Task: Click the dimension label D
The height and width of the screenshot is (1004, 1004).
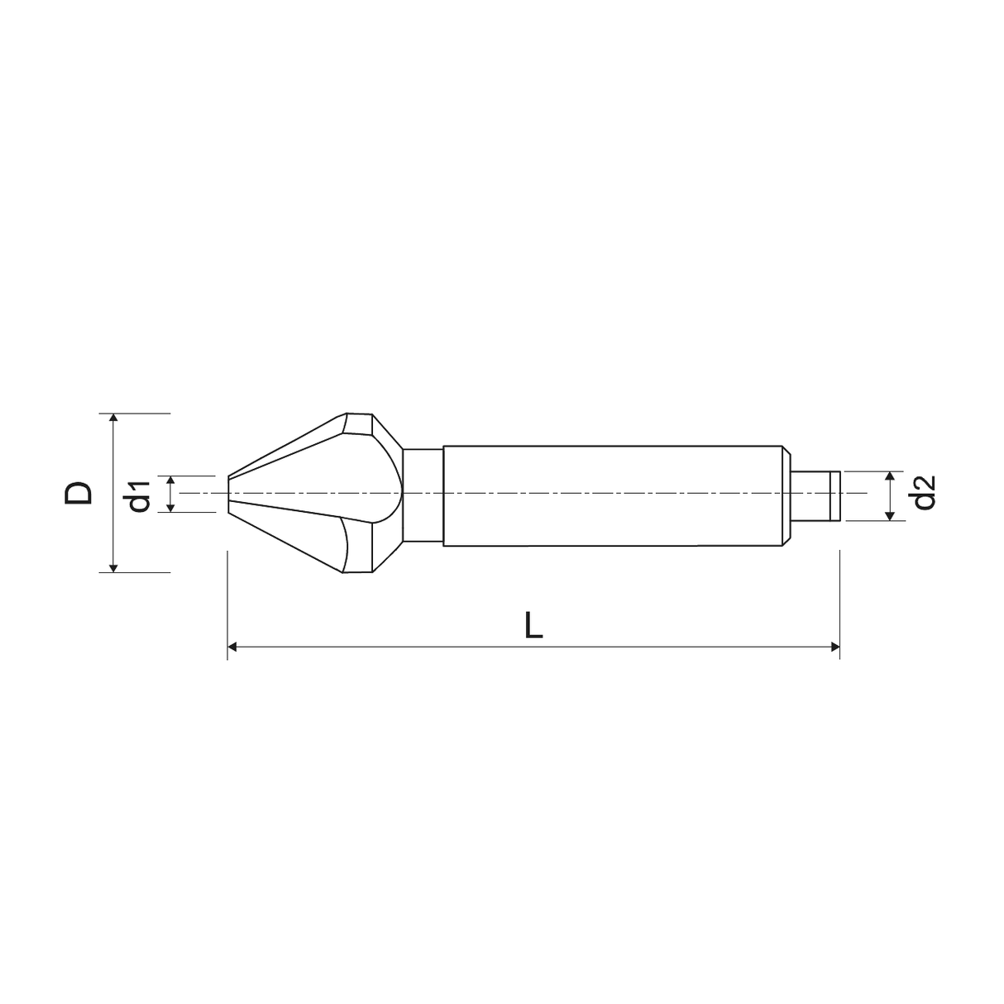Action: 79,493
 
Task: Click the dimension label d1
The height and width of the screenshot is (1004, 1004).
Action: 139,494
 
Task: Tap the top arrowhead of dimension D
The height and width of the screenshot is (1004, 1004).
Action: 114,418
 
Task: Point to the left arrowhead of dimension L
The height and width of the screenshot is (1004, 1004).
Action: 233,647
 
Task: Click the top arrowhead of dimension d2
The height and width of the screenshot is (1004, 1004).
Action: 890,477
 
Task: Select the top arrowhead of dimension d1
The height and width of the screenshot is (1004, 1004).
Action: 170,480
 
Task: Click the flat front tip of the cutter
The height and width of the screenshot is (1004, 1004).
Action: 228,494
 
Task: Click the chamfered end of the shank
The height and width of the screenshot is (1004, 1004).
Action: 787,495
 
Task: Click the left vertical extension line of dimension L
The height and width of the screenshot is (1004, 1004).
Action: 227,604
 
